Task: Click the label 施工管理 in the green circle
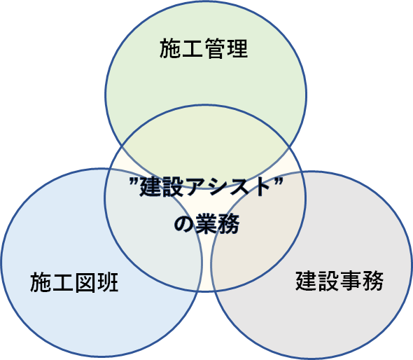204,48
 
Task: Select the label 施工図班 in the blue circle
74,282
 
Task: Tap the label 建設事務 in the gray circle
339,281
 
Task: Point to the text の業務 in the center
206,223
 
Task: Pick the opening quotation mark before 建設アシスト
134,181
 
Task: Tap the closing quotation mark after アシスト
278,181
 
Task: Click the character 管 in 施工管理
215,48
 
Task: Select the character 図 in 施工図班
85,282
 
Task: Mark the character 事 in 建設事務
351,281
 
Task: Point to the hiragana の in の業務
184,224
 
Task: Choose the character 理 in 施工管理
237,48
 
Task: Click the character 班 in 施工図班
108,282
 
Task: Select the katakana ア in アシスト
195,187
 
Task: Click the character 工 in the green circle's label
192,49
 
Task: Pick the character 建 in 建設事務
306,281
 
